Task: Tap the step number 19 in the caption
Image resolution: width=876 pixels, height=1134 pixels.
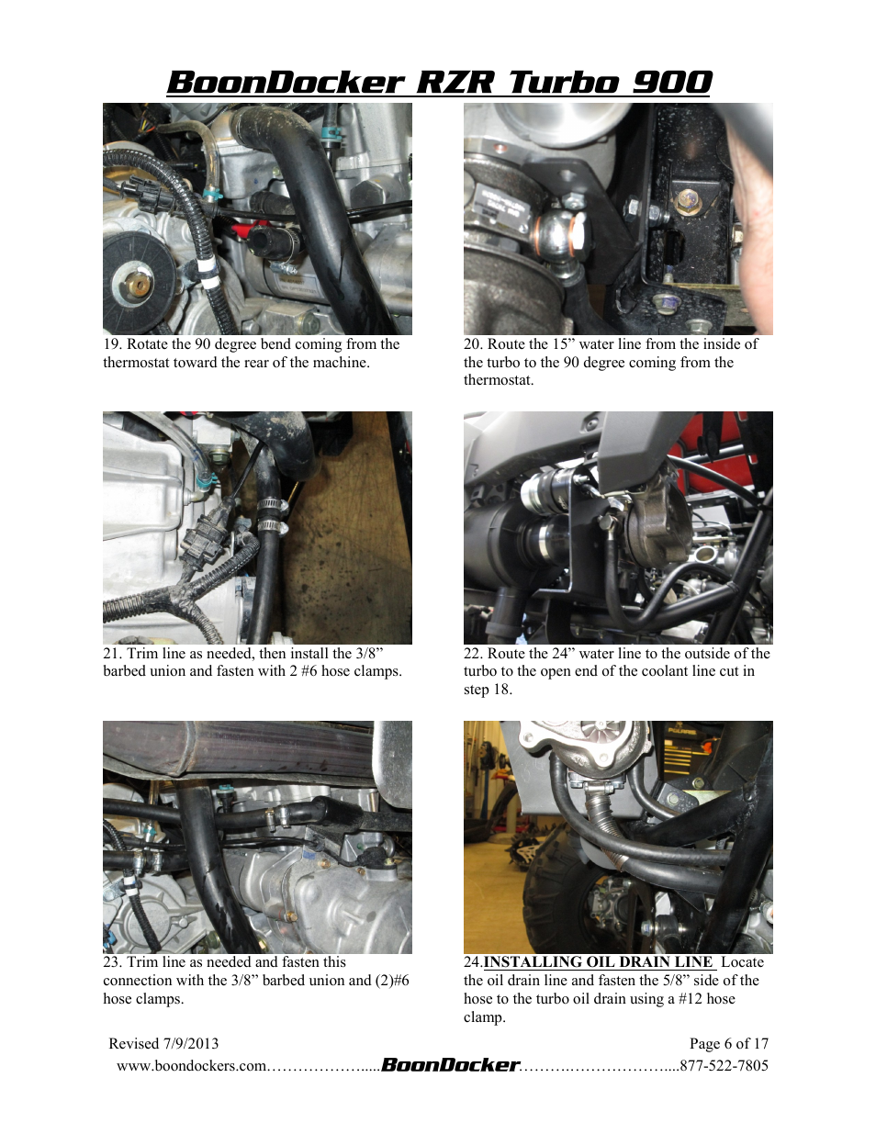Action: [112, 344]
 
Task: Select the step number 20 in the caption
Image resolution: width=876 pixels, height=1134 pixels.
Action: [473, 344]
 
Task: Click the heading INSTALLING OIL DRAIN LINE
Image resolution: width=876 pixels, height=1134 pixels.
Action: [598, 961]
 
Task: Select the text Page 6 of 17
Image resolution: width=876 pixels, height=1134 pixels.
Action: [729, 1044]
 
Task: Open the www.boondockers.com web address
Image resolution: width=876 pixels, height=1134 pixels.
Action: [192, 1066]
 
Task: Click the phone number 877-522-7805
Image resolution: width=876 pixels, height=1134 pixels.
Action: [724, 1066]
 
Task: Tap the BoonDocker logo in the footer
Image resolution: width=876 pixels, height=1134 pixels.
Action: [451, 1064]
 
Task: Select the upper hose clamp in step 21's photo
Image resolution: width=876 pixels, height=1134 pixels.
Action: [273, 505]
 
